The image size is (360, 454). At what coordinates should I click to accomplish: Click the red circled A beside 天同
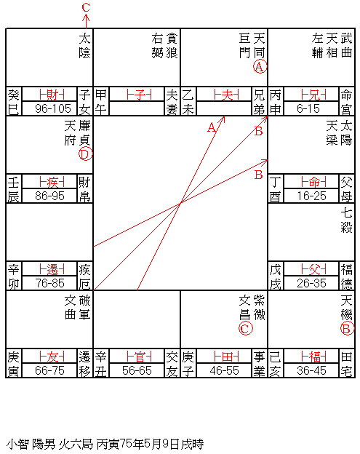pyautogui.click(x=260, y=67)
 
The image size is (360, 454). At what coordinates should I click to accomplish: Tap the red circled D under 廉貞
pyautogui.click(x=85, y=154)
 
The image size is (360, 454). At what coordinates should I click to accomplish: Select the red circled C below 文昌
pyautogui.click(x=245, y=329)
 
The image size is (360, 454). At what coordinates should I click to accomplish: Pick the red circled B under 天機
pyautogui.click(x=347, y=329)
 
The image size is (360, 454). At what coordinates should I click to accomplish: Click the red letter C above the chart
pyautogui.click(x=86, y=7)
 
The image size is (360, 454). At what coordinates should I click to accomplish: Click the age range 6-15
pyautogui.click(x=308, y=108)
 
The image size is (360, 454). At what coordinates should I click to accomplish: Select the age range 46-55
pyautogui.click(x=224, y=370)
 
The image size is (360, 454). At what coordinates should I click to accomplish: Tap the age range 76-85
pyautogui.click(x=49, y=283)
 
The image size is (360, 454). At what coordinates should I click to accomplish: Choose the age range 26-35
pyautogui.click(x=311, y=283)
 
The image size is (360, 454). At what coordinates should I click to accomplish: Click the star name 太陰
pyautogui.click(x=85, y=45)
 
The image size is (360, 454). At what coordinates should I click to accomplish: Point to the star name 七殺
pyautogui.click(x=347, y=220)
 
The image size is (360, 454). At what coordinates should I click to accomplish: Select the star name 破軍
pyautogui.click(x=85, y=308)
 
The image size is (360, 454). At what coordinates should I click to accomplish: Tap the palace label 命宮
pyautogui.click(x=347, y=102)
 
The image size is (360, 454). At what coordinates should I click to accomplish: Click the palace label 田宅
pyautogui.click(x=347, y=364)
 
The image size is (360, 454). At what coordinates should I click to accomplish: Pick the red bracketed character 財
pyautogui.click(x=52, y=95)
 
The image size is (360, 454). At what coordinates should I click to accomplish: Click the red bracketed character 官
pyautogui.click(x=139, y=357)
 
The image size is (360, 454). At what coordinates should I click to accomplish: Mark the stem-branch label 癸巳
pyautogui.click(x=13, y=102)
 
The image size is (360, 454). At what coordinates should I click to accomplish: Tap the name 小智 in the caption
pyautogui.click(x=17, y=444)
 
